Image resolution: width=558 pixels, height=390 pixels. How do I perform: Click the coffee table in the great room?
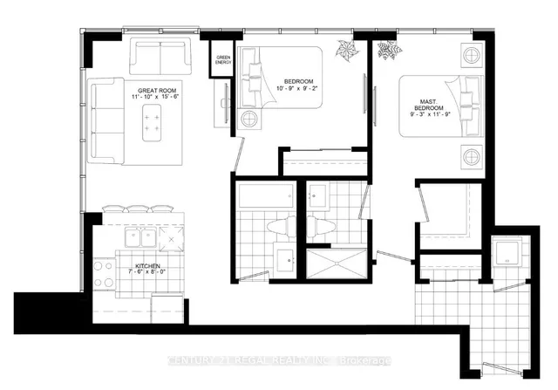[153, 126]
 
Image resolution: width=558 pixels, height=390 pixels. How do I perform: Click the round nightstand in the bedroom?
[249, 118]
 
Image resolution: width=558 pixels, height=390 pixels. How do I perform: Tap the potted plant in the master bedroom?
[386, 51]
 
